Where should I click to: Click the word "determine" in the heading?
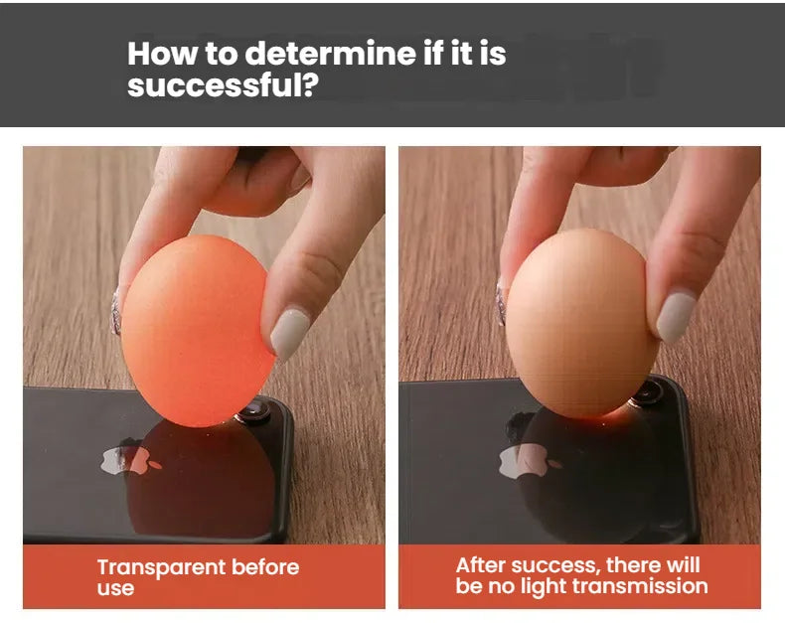(x=331, y=53)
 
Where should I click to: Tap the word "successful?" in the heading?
(x=223, y=85)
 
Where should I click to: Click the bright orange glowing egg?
(x=199, y=331)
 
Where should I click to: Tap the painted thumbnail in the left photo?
(x=289, y=333)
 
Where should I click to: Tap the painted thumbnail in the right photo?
(x=676, y=317)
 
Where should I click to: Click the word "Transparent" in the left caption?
(x=161, y=568)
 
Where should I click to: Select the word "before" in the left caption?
(x=265, y=567)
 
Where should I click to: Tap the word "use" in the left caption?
(x=115, y=588)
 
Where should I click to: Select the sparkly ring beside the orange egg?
(x=116, y=310)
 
